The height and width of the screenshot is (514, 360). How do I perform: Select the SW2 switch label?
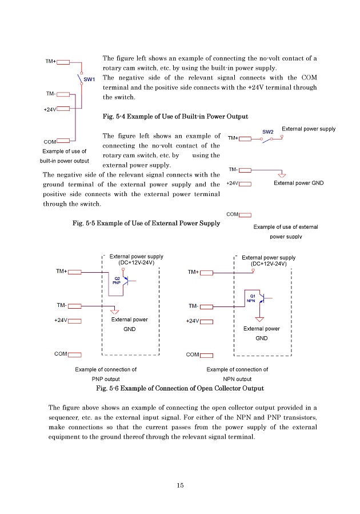pos(269,132)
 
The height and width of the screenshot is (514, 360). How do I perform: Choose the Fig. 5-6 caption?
pos(181,389)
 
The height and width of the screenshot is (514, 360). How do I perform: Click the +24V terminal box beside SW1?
pos(63,107)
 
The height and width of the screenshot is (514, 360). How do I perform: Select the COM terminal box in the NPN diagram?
pos(206,354)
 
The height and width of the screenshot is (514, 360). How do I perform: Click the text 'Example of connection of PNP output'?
pos(106,374)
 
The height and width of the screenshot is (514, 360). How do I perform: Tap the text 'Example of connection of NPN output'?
pos(237,374)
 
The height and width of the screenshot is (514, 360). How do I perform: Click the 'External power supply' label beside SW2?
pos(309,129)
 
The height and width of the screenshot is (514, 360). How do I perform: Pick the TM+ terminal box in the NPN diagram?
pos(206,272)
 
